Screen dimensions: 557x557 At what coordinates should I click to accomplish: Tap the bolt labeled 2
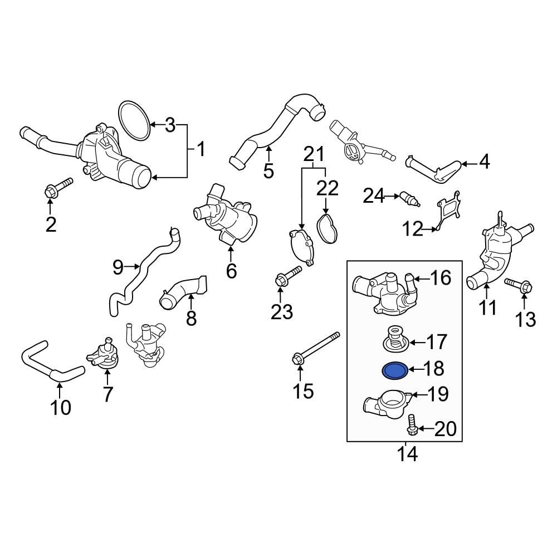[x=57, y=188]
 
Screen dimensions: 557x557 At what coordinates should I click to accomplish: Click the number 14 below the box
[x=407, y=454]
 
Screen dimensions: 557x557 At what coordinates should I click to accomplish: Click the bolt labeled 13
[x=517, y=287]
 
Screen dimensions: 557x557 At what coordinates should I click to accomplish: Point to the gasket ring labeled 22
[x=327, y=229]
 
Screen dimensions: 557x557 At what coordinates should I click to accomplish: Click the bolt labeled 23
[x=287, y=275]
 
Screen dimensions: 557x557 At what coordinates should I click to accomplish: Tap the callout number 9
[x=118, y=267]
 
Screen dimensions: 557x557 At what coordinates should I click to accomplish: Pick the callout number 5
[x=268, y=170]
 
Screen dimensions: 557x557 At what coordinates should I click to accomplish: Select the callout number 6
[x=231, y=271]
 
